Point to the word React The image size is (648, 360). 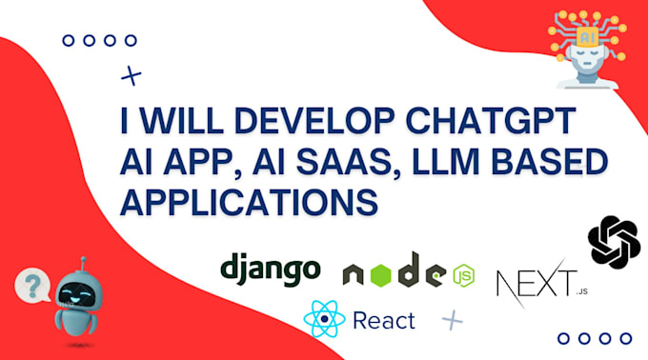click(383, 320)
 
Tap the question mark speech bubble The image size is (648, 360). click(36, 284)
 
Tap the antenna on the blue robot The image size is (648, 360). click(83, 262)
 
